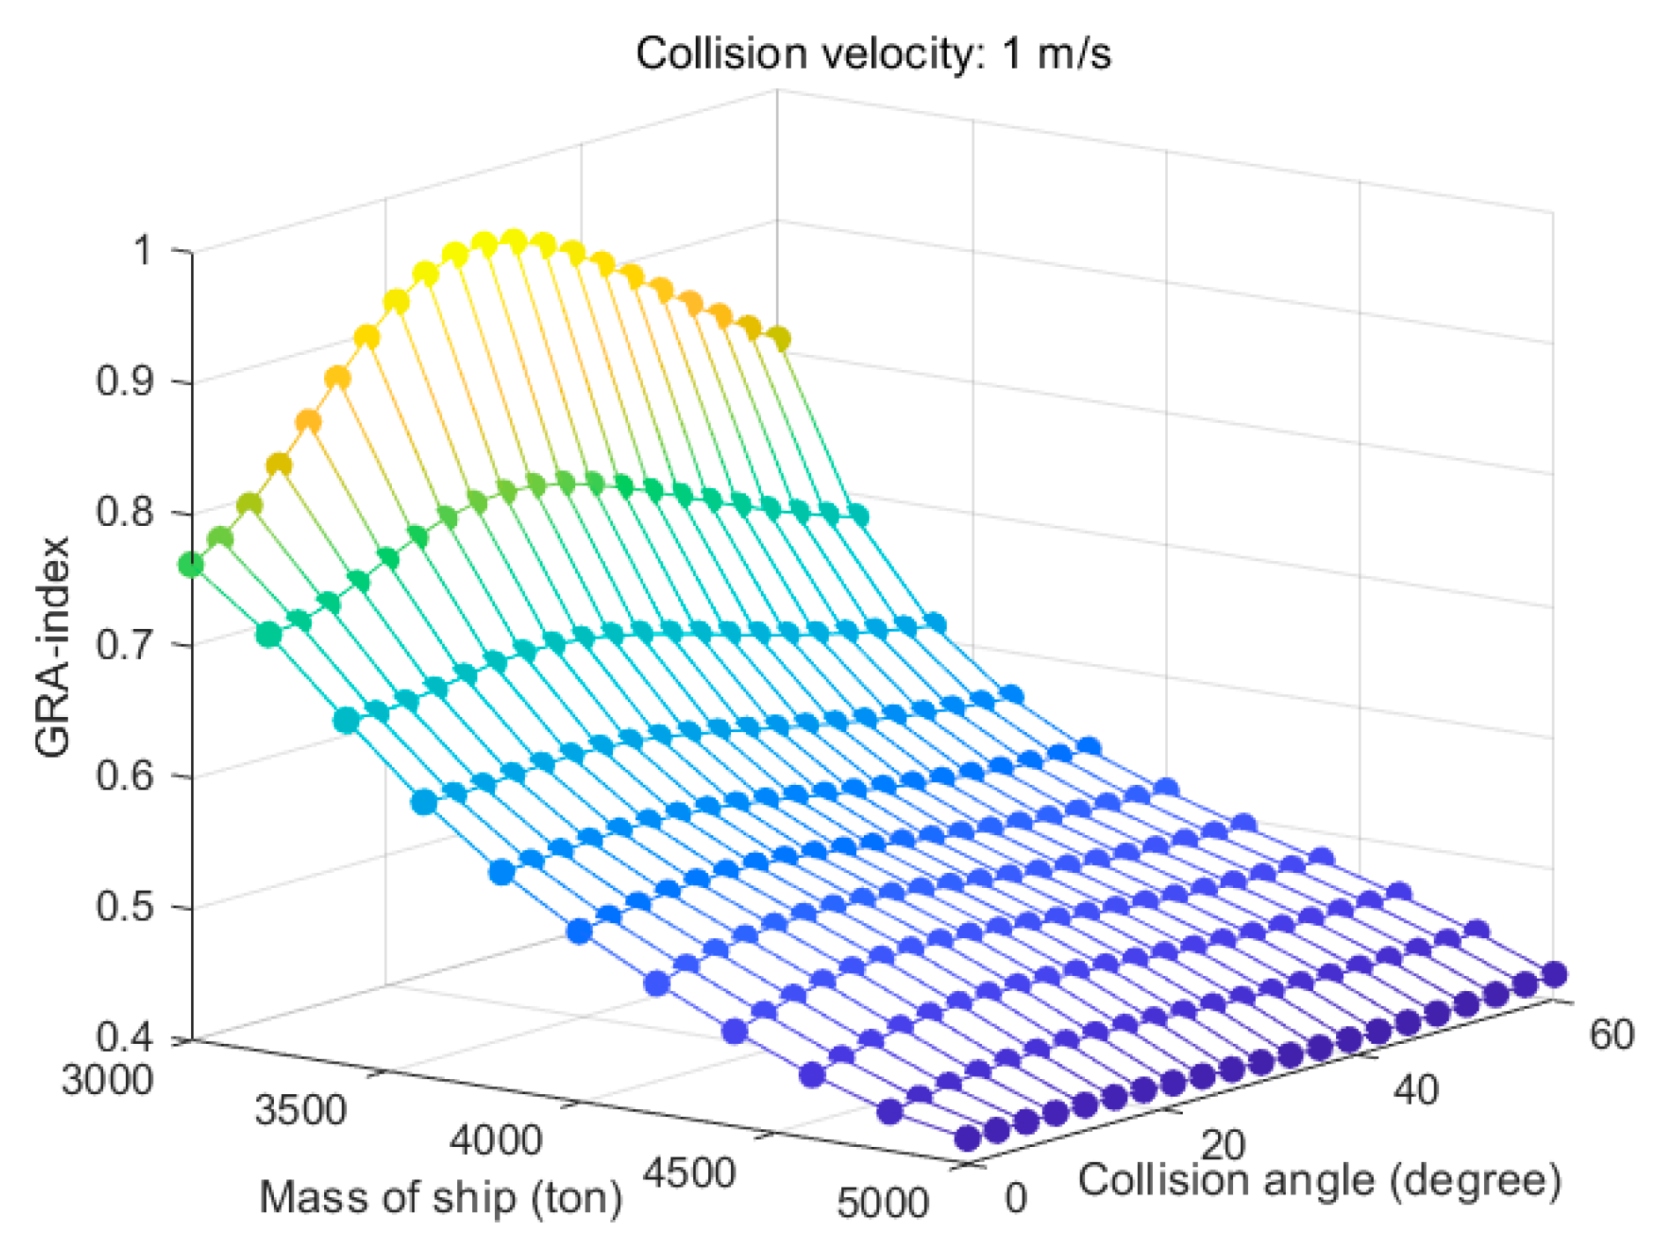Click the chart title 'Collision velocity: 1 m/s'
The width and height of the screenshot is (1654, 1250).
tap(873, 55)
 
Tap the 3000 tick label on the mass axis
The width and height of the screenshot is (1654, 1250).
tap(107, 1079)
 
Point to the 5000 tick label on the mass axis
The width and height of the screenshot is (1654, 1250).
tap(882, 1204)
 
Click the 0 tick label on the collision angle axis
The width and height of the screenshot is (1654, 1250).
tap(1015, 1198)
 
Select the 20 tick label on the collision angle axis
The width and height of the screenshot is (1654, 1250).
tap(1222, 1145)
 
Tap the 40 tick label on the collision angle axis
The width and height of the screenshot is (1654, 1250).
tap(1415, 1091)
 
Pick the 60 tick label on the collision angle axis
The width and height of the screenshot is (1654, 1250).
tap(1611, 1035)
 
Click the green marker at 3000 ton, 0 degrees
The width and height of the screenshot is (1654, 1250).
tap(191, 565)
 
